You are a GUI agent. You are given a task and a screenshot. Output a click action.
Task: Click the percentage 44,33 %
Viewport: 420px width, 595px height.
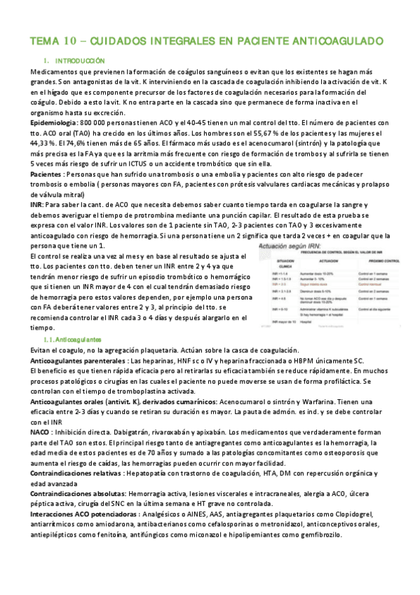48,144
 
